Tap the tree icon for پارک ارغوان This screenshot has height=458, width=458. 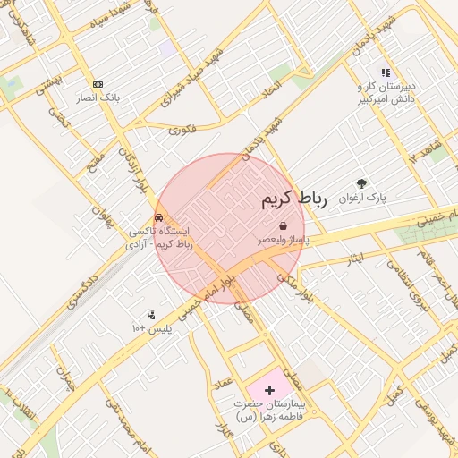pos(361,183)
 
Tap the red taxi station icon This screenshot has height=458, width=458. pos(159,217)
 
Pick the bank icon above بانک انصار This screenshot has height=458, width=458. pos(98,83)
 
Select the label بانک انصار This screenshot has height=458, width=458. pos(98,97)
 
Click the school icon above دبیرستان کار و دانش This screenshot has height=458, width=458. pos(386,72)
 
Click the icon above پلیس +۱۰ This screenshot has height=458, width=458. pos(151,315)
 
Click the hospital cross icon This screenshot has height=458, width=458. pos(270,390)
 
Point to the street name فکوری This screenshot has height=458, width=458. pos(181,130)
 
